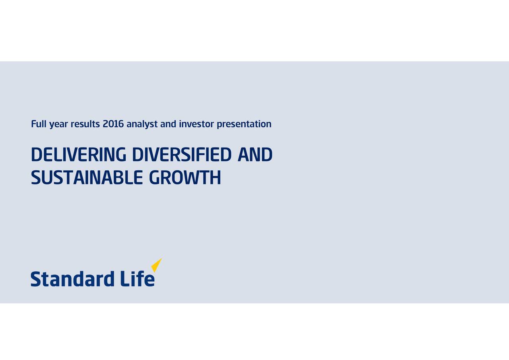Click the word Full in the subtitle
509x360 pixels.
[x=39, y=124]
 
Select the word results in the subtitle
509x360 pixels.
[x=85, y=124]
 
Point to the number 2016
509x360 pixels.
[x=113, y=124]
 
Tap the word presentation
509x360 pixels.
[x=245, y=125]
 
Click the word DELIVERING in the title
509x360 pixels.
[x=78, y=155]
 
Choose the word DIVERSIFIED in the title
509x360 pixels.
[x=182, y=155]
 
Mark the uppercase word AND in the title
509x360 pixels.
[x=254, y=155]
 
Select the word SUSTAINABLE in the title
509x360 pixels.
[x=87, y=178]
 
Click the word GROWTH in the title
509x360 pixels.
[x=185, y=178]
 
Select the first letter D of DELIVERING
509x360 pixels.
[x=36, y=155]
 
